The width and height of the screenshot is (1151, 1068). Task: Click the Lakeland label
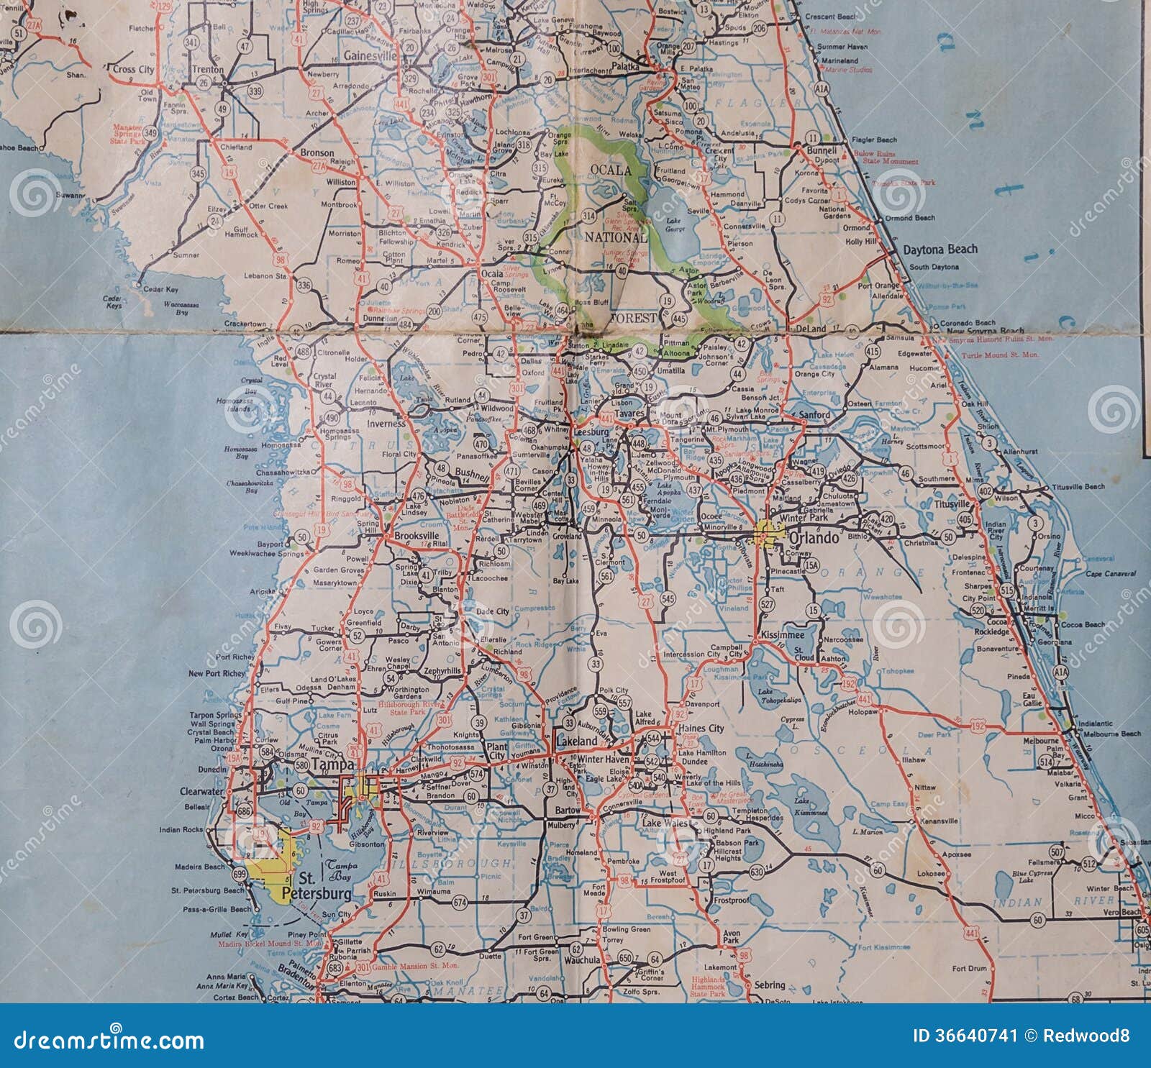click(x=577, y=741)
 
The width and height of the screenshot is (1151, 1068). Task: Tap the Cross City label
click(x=135, y=69)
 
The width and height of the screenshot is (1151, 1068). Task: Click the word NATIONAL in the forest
click(x=616, y=236)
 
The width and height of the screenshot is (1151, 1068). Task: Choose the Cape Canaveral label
click(x=1111, y=573)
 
